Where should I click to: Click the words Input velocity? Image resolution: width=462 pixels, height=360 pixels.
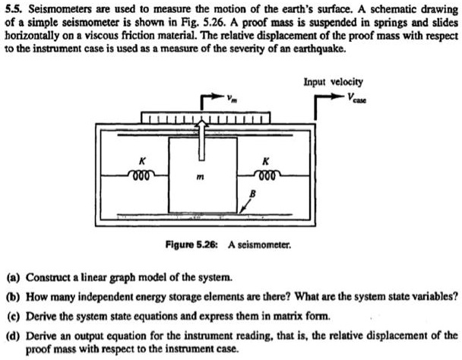coord(333,80)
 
